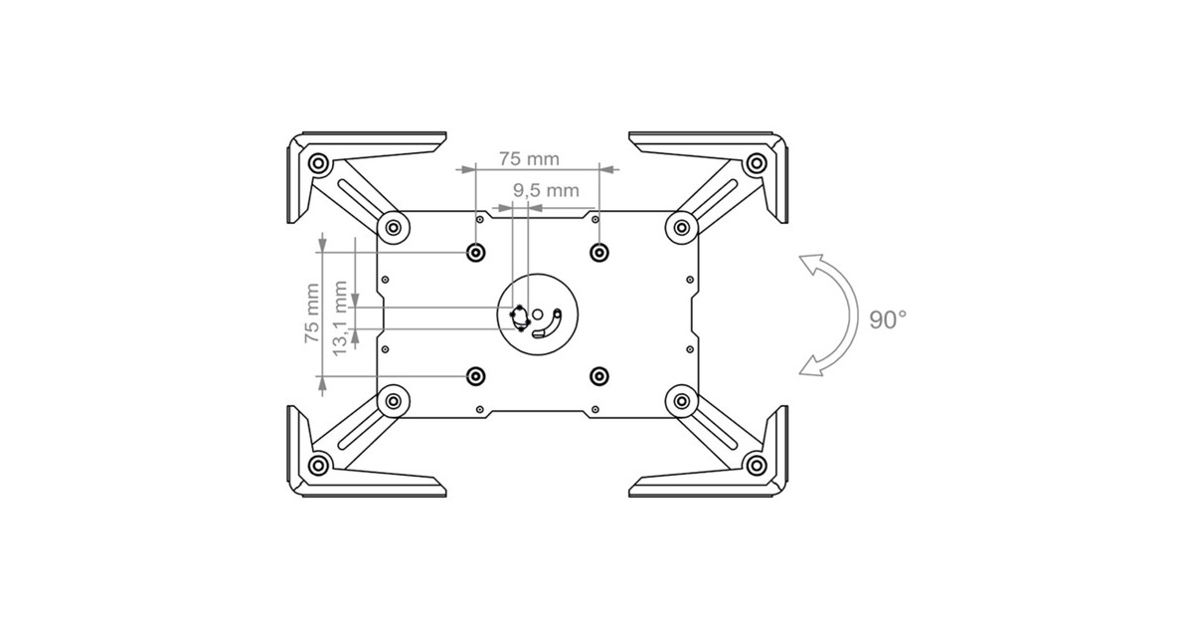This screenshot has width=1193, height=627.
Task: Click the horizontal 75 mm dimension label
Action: pyautogui.click(x=529, y=158)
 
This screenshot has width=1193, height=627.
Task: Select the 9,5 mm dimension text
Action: pyautogui.click(x=546, y=189)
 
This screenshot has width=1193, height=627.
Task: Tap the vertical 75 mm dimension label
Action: pyautogui.click(x=312, y=313)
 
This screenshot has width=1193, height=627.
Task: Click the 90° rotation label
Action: pyautogui.click(x=888, y=320)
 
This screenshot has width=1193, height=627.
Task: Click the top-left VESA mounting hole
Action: pyautogui.click(x=476, y=252)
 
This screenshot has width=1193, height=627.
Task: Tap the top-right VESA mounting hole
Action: pyautogui.click(x=598, y=252)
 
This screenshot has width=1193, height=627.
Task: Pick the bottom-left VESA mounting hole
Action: pyautogui.click(x=476, y=375)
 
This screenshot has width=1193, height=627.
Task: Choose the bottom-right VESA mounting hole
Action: pyautogui.click(x=598, y=375)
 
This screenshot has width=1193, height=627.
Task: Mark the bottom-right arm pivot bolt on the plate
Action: pyautogui.click(x=682, y=401)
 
